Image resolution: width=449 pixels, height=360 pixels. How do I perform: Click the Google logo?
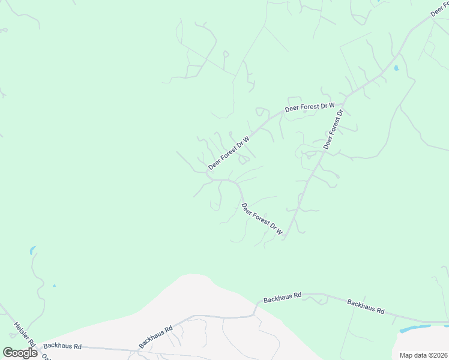[x=20, y=353]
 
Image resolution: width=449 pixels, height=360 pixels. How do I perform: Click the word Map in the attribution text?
[x=406, y=355]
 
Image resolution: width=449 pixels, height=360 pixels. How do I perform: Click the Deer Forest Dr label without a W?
[x=333, y=130]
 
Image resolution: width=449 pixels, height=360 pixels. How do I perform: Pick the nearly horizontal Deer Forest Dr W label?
[x=309, y=107]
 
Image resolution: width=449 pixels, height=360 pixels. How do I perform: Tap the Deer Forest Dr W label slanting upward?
[x=229, y=152]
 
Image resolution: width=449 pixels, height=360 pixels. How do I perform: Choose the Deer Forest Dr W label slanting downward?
[x=262, y=218]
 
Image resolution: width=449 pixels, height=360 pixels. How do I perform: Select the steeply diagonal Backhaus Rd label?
[x=155, y=336]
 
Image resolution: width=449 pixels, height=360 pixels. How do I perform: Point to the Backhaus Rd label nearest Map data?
[x=366, y=305]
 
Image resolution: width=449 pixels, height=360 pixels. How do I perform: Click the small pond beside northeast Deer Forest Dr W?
[x=396, y=68]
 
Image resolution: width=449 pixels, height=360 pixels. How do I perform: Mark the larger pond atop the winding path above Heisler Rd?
[x=32, y=250]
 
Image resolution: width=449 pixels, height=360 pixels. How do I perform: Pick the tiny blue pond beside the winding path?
[x=54, y=286]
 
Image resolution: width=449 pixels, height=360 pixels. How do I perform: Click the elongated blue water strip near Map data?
[x=415, y=328]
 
